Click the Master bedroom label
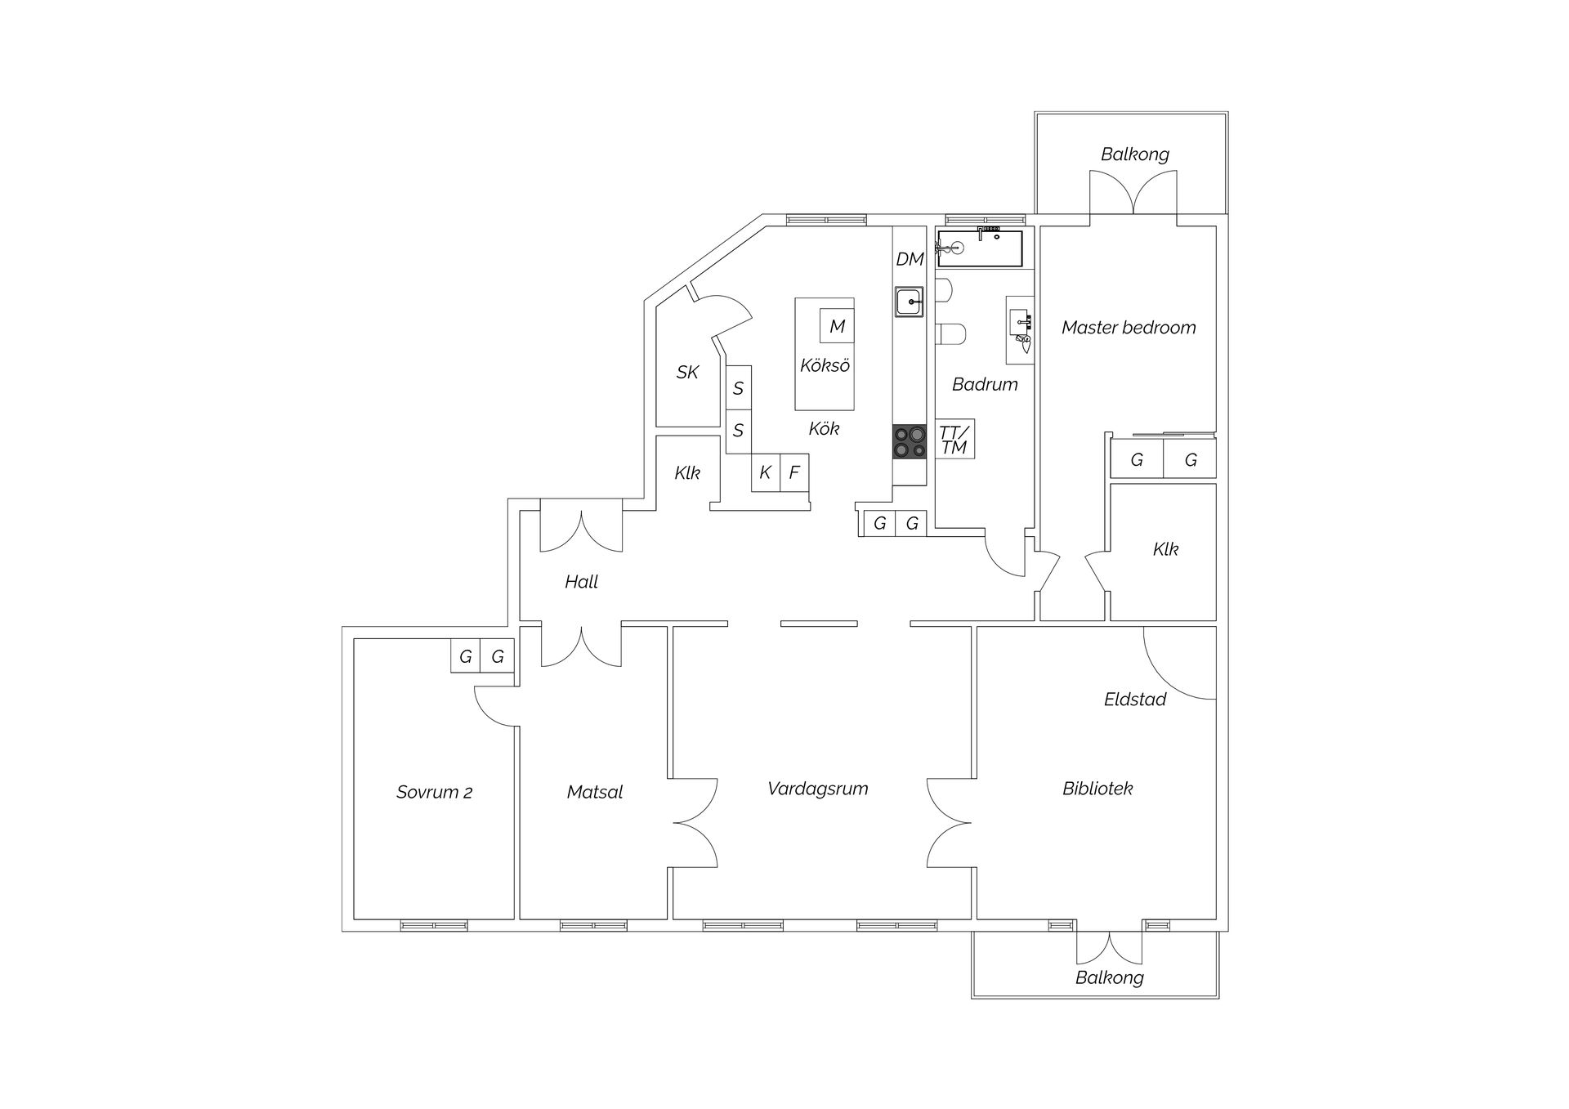pyautogui.click(x=1129, y=328)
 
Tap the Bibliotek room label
pyautogui.click(x=1097, y=789)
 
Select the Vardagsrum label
pyautogui.click(x=817, y=789)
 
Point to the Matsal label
pyautogui.click(x=595, y=792)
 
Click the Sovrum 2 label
pyautogui.click(x=434, y=792)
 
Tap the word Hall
pyautogui.click(x=581, y=582)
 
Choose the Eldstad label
pyautogui.click(x=1135, y=700)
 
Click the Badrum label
pyautogui.click(x=985, y=384)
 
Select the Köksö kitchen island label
pyautogui.click(x=825, y=365)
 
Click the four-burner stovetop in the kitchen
pyautogui.click(x=910, y=442)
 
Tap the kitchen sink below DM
pyautogui.click(x=909, y=302)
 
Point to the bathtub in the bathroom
pyautogui.click(x=980, y=248)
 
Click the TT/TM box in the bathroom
pyautogui.click(x=954, y=439)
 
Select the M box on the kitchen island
pyautogui.click(x=837, y=326)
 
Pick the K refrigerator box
pyautogui.click(x=766, y=472)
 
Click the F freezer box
pyautogui.click(x=794, y=472)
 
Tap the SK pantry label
pyautogui.click(x=687, y=373)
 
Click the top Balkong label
pyautogui.click(x=1134, y=154)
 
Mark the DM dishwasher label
pyautogui.click(x=910, y=259)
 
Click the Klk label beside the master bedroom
pyautogui.click(x=1165, y=549)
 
